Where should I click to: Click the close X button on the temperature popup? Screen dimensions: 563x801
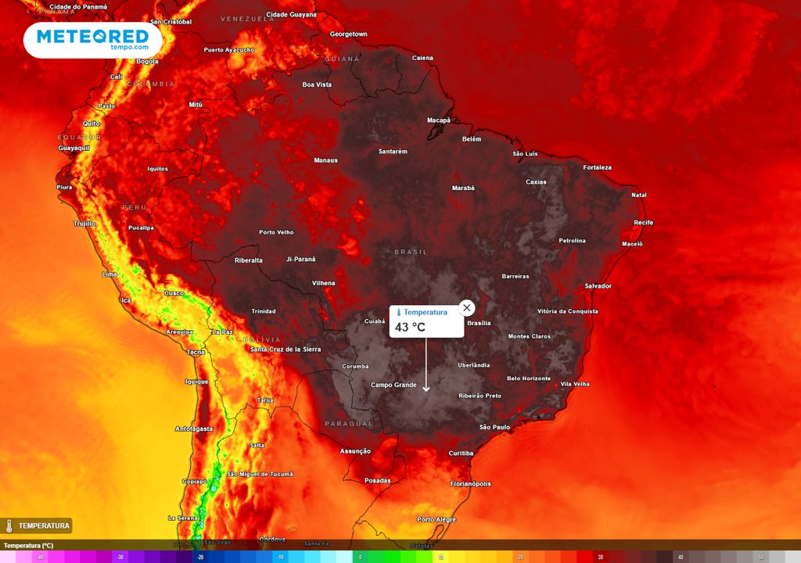point(467,307)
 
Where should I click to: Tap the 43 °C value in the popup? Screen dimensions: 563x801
point(410,327)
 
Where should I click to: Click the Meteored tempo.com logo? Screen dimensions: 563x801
point(92,39)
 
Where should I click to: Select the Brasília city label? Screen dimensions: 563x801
point(478,323)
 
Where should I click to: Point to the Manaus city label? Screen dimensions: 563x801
point(325,160)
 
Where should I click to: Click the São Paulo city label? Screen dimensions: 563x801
point(494,427)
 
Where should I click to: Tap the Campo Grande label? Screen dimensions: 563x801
point(393,385)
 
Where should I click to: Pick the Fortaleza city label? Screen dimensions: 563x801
point(597,167)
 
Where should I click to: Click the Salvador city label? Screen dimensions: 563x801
point(598,286)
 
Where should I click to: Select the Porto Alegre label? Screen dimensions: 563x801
point(436,519)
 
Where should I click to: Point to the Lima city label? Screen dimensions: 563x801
point(110,274)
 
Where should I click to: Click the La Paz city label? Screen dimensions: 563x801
point(222,332)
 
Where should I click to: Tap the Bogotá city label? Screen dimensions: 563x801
point(147,61)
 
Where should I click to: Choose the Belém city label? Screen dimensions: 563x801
point(472,139)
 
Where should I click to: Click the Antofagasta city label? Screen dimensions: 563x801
point(194,429)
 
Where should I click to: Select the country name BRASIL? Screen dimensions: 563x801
point(411,252)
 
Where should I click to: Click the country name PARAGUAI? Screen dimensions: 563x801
point(349,423)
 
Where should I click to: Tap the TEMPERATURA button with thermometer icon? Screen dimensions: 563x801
point(37,525)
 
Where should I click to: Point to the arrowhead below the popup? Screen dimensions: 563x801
point(426,388)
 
